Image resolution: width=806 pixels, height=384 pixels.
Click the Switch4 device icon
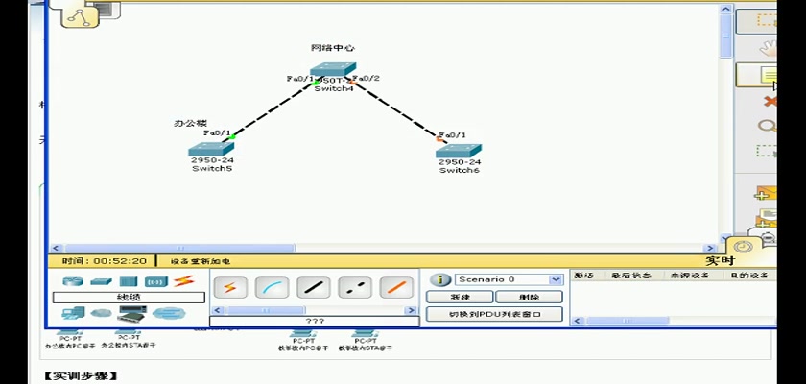tap(333, 73)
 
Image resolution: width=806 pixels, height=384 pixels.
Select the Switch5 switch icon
tap(211, 149)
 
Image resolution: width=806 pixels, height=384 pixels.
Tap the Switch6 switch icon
tap(459, 151)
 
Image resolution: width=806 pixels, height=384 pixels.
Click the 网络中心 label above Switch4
tap(333, 48)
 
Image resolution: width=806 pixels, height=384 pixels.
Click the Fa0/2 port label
tap(367, 78)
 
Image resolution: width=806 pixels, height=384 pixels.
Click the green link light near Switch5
tap(231, 136)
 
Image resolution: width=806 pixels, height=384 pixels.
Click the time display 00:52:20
tap(105, 260)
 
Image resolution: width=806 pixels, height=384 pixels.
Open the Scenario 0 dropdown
tap(556, 279)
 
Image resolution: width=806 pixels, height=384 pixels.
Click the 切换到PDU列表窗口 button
tap(494, 314)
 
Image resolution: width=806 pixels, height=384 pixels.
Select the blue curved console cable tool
tap(274, 287)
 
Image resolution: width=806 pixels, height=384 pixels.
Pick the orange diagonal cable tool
tap(395, 287)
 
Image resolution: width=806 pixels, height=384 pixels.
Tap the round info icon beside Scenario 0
tap(440, 279)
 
